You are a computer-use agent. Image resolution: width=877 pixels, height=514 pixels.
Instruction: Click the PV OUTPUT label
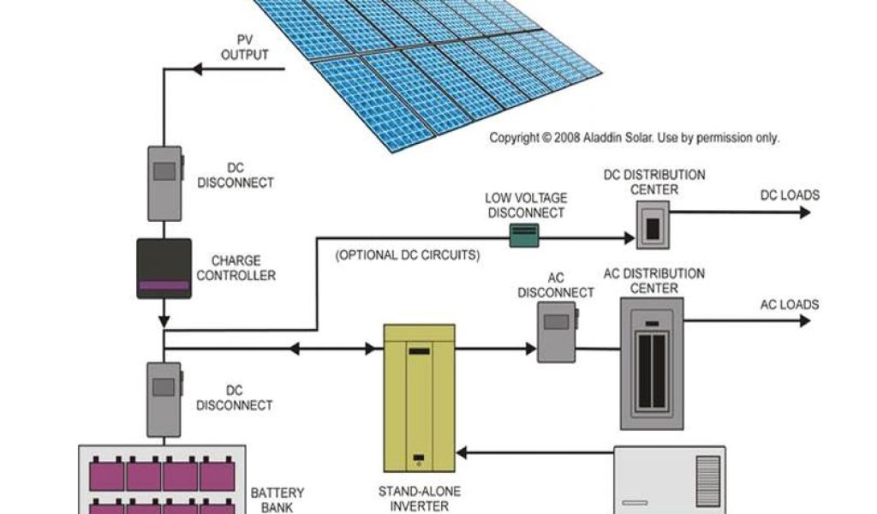pos(245,48)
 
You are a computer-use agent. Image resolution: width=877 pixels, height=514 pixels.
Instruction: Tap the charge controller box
pos(164,268)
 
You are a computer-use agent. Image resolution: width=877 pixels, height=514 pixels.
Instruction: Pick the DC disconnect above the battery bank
pos(164,399)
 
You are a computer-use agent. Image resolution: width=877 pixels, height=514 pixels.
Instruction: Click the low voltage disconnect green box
pos(524,235)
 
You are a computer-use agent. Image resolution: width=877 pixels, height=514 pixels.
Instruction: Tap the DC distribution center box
pos(653,227)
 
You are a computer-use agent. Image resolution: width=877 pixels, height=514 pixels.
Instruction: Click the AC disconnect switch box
pos(556,332)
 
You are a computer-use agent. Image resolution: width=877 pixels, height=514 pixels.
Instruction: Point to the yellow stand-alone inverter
pos(418,397)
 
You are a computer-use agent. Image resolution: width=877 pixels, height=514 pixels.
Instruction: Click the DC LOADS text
pos(790,195)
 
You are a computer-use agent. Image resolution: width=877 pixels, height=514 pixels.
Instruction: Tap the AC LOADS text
pos(790,304)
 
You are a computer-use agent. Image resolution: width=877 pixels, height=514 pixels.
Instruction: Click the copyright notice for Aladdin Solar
pos(634,137)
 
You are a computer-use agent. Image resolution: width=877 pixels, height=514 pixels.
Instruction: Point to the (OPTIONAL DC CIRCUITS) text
pos(407,255)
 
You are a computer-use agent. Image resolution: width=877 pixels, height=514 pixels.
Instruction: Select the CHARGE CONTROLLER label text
pos(236,268)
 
